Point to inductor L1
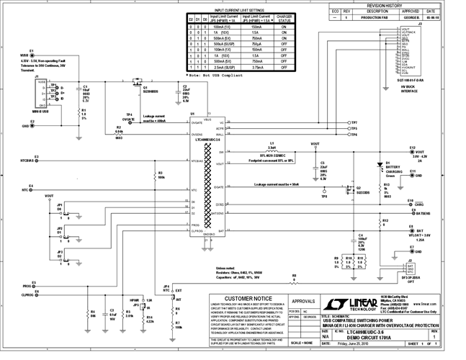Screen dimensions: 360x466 click(x=272, y=149)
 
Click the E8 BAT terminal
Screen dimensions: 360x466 click(x=408, y=230)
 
